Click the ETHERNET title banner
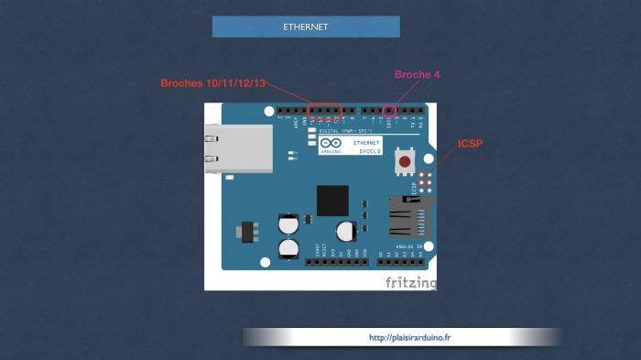pos(306,27)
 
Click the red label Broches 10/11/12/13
pos(213,82)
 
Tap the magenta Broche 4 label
pos(418,74)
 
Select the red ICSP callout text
pos(470,144)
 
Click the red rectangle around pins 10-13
pos(325,111)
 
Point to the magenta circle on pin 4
pos(390,111)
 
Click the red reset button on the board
pos(405,162)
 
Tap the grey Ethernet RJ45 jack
pos(238,148)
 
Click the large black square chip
pos(332,200)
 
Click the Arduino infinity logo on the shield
pos(331,144)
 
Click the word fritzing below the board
pos(410,281)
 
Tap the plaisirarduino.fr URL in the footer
pos(409,337)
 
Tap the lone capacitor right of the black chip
pos(345,231)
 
